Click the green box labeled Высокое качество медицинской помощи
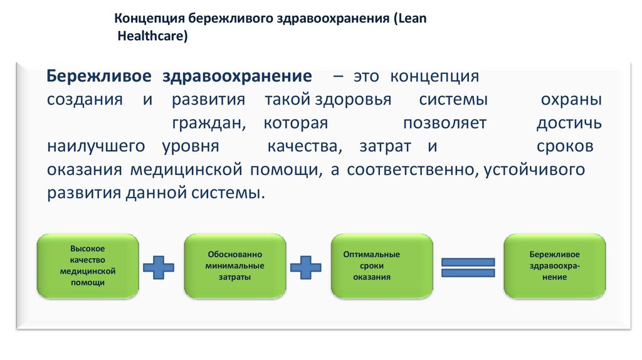click(88, 265)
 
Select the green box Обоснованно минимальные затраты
click(234, 265)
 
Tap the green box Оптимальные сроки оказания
click(381, 265)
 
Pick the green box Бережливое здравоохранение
click(554, 265)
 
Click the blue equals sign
click(469, 268)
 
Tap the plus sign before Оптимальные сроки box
click(306, 267)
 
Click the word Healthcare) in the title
click(153, 37)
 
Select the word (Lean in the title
click(410, 18)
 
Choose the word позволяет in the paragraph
click(445, 124)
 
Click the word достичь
click(569, 124)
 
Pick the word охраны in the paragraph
click(571, 100)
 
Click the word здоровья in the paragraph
click(353, 100)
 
